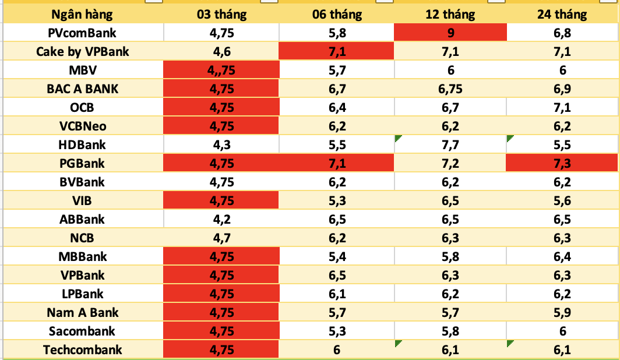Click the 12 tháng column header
coord(450,14)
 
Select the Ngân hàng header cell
coord(82,14)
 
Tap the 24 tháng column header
coord(562,14)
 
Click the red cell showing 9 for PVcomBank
coord(450,33)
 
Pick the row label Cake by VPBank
coord(82,52)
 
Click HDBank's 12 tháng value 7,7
coord(450,145)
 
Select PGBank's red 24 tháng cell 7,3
coord(562,164)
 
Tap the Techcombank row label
coord(82,350)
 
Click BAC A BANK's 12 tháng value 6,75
coord(450,89)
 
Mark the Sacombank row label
coord(82,331)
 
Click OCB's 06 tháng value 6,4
coord(337,108)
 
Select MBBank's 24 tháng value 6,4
coord(562,257)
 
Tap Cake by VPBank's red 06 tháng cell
coord(337,52)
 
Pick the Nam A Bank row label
coord(82,313)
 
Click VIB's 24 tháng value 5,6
coord(562,201)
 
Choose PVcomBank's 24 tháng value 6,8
coord(562,33)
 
